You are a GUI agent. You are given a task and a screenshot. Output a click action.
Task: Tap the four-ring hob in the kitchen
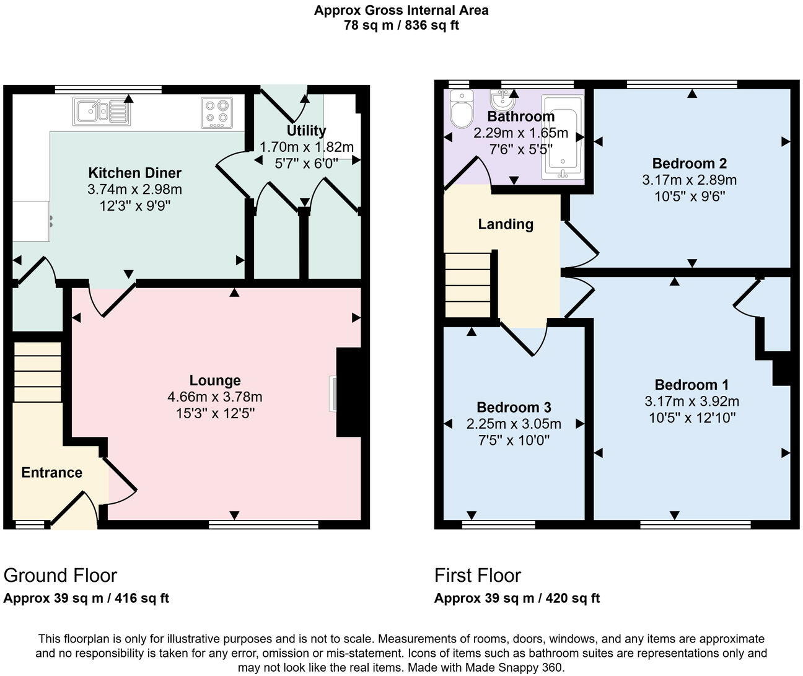217,113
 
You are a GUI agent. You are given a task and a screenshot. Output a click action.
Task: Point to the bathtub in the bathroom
563,138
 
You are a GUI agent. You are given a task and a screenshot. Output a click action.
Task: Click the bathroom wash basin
501,100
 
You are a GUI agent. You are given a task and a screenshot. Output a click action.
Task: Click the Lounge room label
215,380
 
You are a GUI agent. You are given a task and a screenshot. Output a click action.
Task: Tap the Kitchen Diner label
134,173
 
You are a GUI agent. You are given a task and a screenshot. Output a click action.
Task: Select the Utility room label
306,131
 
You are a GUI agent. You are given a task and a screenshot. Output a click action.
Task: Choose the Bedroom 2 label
689,164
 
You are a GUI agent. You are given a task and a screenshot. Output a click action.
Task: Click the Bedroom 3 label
514,407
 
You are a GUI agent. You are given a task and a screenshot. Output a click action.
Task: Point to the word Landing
506,224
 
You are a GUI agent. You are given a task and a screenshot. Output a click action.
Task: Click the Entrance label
51,473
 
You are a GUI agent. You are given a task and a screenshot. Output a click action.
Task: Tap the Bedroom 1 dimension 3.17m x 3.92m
691,401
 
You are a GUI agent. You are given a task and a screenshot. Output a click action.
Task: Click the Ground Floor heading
60,576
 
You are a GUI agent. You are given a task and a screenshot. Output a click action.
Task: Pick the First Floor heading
478,576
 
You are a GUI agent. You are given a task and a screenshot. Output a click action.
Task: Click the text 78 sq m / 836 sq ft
401,25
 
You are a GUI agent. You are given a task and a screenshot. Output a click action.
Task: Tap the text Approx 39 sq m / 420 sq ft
517,599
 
